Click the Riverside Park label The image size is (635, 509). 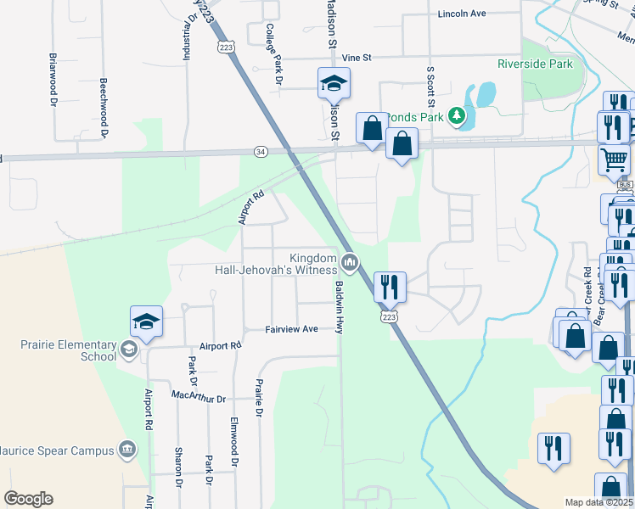tap(535, 64)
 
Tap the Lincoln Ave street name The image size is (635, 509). tap(462, 14)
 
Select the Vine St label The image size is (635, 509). tap(357, 58)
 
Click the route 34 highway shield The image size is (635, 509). tap(261, 151)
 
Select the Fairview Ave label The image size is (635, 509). tap(291, 329)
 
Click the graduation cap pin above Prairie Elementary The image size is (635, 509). tap(146, 323)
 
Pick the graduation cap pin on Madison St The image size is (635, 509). tap(334, 84)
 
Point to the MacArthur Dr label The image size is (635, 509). tap(199, 398)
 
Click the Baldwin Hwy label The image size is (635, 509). tap(338, 307)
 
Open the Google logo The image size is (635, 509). tap(28, 499)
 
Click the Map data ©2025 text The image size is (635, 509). tap(598, 502)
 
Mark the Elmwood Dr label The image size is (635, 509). tap(233, 441)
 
